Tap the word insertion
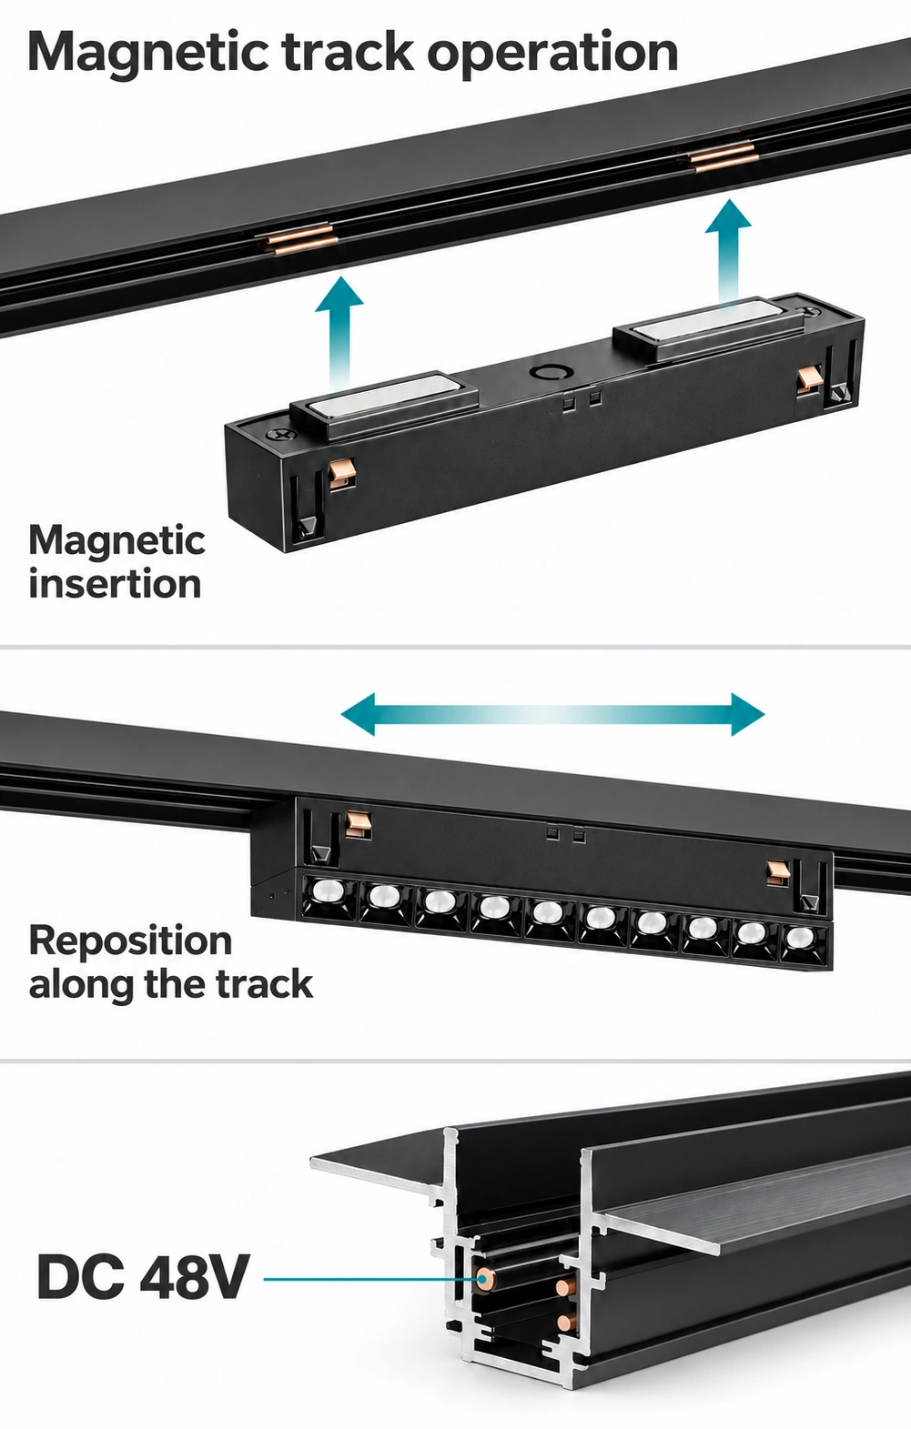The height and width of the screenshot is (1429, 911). click(115, 584)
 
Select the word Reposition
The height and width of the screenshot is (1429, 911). click(130, 941)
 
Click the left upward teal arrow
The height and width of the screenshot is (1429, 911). click(339, 332)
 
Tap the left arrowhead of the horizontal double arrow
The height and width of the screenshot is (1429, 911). click(359, 714)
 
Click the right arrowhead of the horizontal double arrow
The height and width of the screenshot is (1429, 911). click(747, 714)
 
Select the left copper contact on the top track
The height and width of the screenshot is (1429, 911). click(297, 238)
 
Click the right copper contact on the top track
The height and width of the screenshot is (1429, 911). click(722, 157)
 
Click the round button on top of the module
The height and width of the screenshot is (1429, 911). click(546, 372)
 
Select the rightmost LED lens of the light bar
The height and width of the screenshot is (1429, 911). click(801, 937)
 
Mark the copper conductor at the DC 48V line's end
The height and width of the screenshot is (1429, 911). click(486, 1278)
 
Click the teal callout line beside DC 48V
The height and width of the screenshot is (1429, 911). click(371, 1278)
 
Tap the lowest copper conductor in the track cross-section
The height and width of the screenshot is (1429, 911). click(564, 1323)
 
